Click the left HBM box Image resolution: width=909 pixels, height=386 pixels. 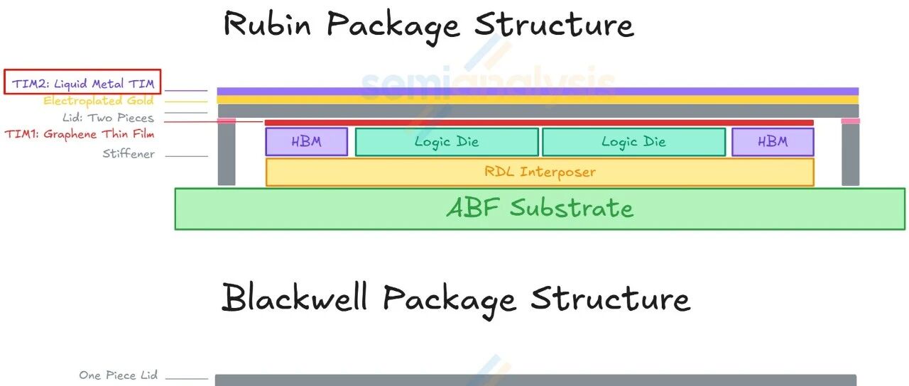pos(307,142)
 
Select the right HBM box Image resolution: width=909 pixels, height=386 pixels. pos(773,142)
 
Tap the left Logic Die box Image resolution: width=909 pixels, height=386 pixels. pos(447,142)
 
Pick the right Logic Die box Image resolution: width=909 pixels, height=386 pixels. pos(633,142)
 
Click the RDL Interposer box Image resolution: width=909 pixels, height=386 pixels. pos(540,172)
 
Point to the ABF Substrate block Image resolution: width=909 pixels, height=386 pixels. pos(540,209)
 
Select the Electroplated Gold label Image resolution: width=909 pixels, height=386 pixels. pos(98,101)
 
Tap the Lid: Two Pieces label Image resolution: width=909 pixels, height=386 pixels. pos(108,118)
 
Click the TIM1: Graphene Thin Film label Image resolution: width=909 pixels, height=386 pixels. pos(80,133)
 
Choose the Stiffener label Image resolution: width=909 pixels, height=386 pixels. pos(128,154)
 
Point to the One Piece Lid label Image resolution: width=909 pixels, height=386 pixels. pos(118,375)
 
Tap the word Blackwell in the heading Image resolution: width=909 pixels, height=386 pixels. pos(294,298)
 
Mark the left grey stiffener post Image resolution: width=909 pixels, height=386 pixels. pos(227,155)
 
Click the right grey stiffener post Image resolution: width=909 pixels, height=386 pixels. pos(850,155)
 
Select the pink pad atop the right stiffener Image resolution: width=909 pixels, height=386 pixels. pos(850,121)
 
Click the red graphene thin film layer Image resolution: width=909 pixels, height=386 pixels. pos(540,123)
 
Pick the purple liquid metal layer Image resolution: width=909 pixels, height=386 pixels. pos(538,91)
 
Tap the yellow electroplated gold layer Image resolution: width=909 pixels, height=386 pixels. pos(538,99)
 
